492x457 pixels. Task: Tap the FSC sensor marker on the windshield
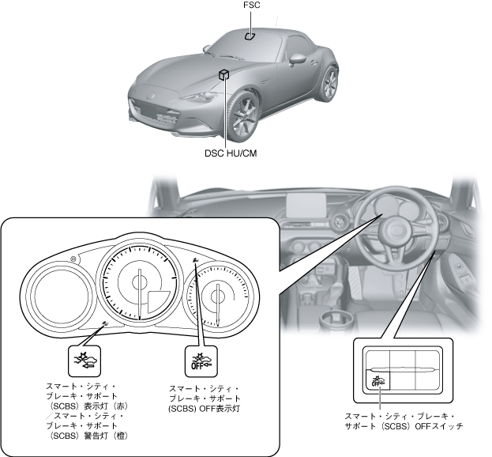(x=249, y=35)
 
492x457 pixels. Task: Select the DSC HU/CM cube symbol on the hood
(x=225, y=74)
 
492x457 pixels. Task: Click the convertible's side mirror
(x=297, y=58)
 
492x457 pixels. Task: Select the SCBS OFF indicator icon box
(x=199, y=360)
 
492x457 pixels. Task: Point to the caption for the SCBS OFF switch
(x=403, y=421)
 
